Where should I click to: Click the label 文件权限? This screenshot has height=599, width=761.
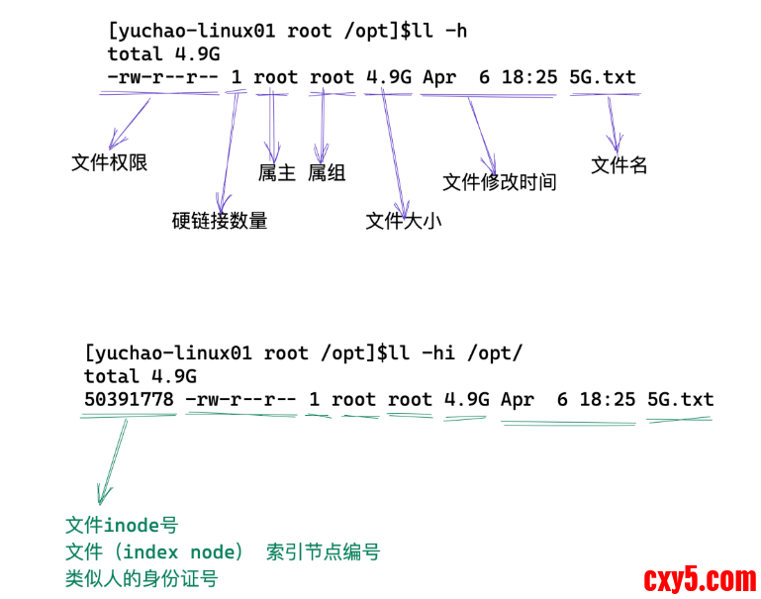click(x=110, y=162)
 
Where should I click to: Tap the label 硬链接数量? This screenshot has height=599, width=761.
click(x=220, y=220)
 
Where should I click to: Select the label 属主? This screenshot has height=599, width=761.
click(x=277, y=172)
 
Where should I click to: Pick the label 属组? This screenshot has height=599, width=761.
click(x=327, y=172)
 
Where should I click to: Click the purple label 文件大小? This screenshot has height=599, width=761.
click(x=404, y=220)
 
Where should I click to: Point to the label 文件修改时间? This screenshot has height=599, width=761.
click(x=500, y=182)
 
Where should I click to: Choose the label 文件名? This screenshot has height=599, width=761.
click(x=619, y=165)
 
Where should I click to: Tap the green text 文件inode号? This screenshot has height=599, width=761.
click(x=122, y=526)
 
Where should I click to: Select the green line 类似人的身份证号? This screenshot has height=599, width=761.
click(x=142, y=578)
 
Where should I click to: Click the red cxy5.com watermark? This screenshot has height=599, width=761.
click(x=700, y=578)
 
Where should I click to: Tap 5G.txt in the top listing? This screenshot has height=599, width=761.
click(x=603, y=76)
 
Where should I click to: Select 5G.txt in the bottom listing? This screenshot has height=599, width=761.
click(x=680, y=399)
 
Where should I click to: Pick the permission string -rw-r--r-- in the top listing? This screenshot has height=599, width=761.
click(x=163, y=76)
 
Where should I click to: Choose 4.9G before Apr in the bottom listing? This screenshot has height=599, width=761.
click(x=467, y=399)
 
